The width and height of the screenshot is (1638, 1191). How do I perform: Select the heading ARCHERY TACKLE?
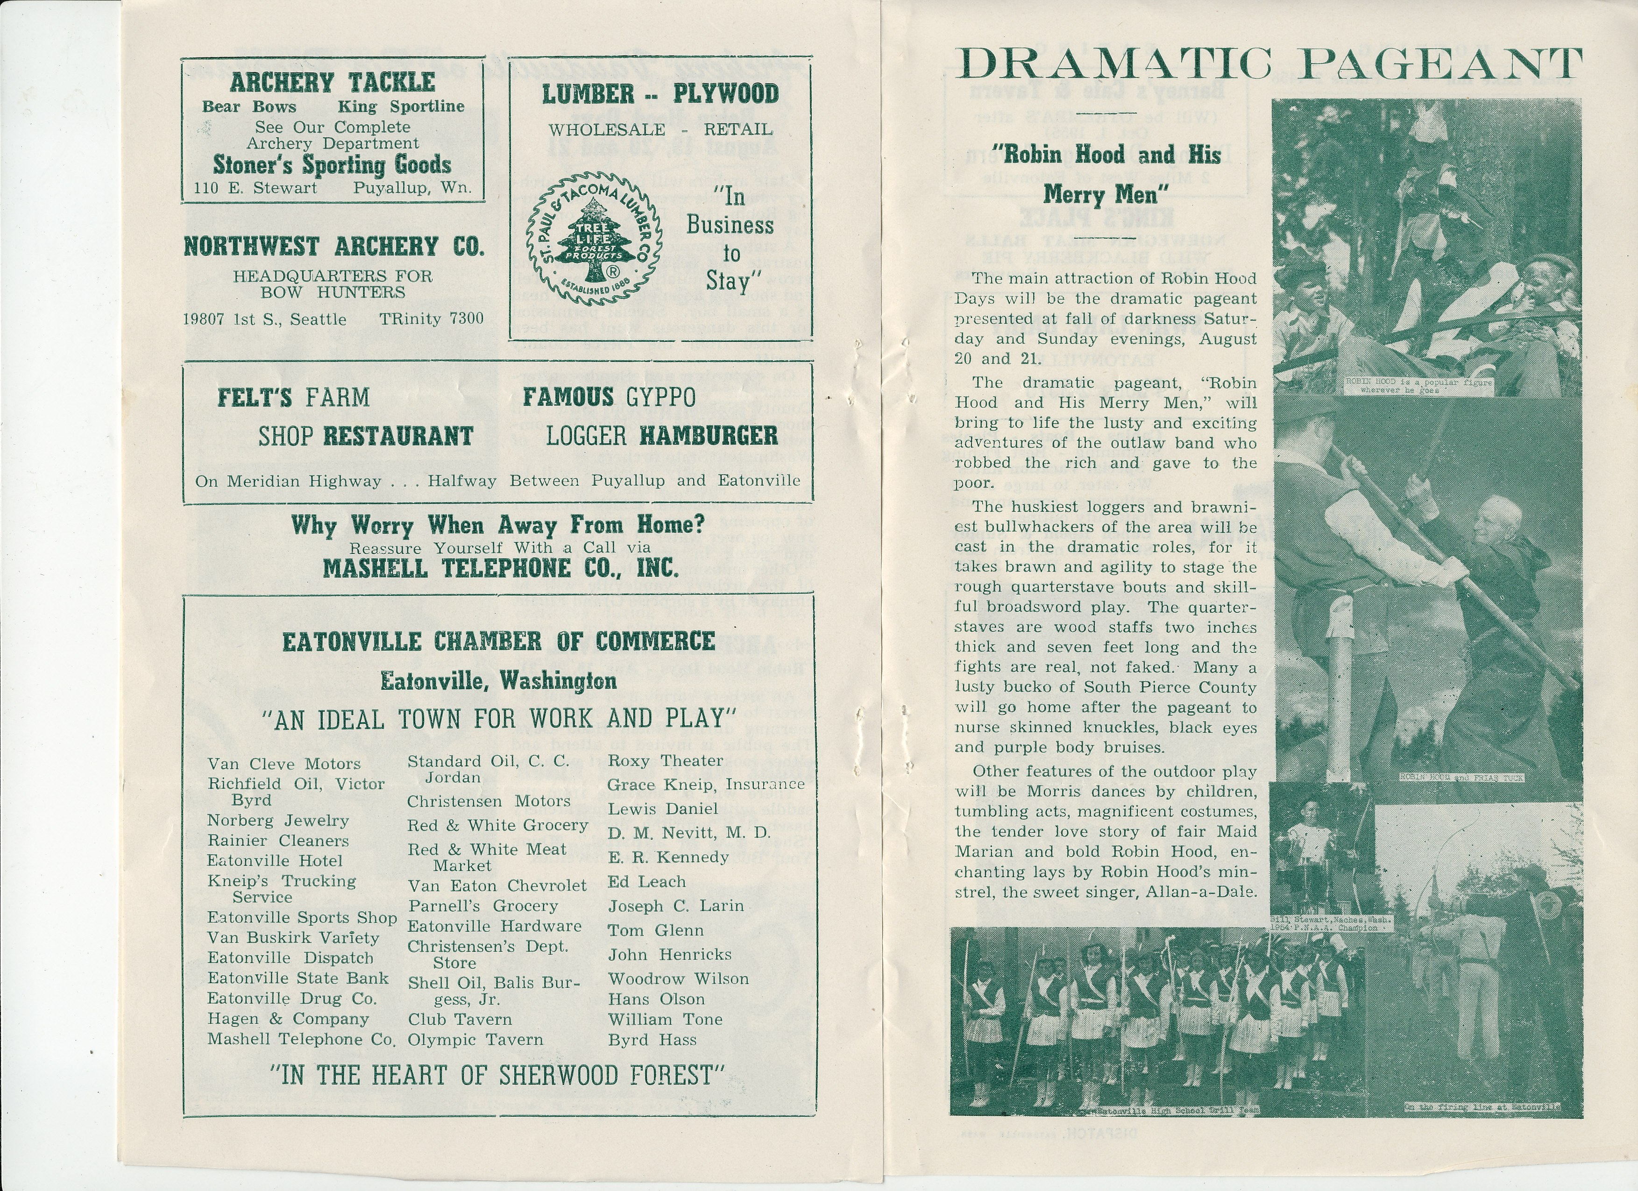click(333, 82)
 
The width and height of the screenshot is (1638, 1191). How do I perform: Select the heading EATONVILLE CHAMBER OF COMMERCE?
click(498, 641)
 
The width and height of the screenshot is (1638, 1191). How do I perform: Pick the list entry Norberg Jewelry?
click(278, 821)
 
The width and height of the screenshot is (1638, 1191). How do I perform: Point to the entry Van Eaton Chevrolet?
click(497, 886)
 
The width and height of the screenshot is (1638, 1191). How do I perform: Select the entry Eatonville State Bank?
click(298, 978)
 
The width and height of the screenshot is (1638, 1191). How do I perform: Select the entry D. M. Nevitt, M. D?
click(689, 833)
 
